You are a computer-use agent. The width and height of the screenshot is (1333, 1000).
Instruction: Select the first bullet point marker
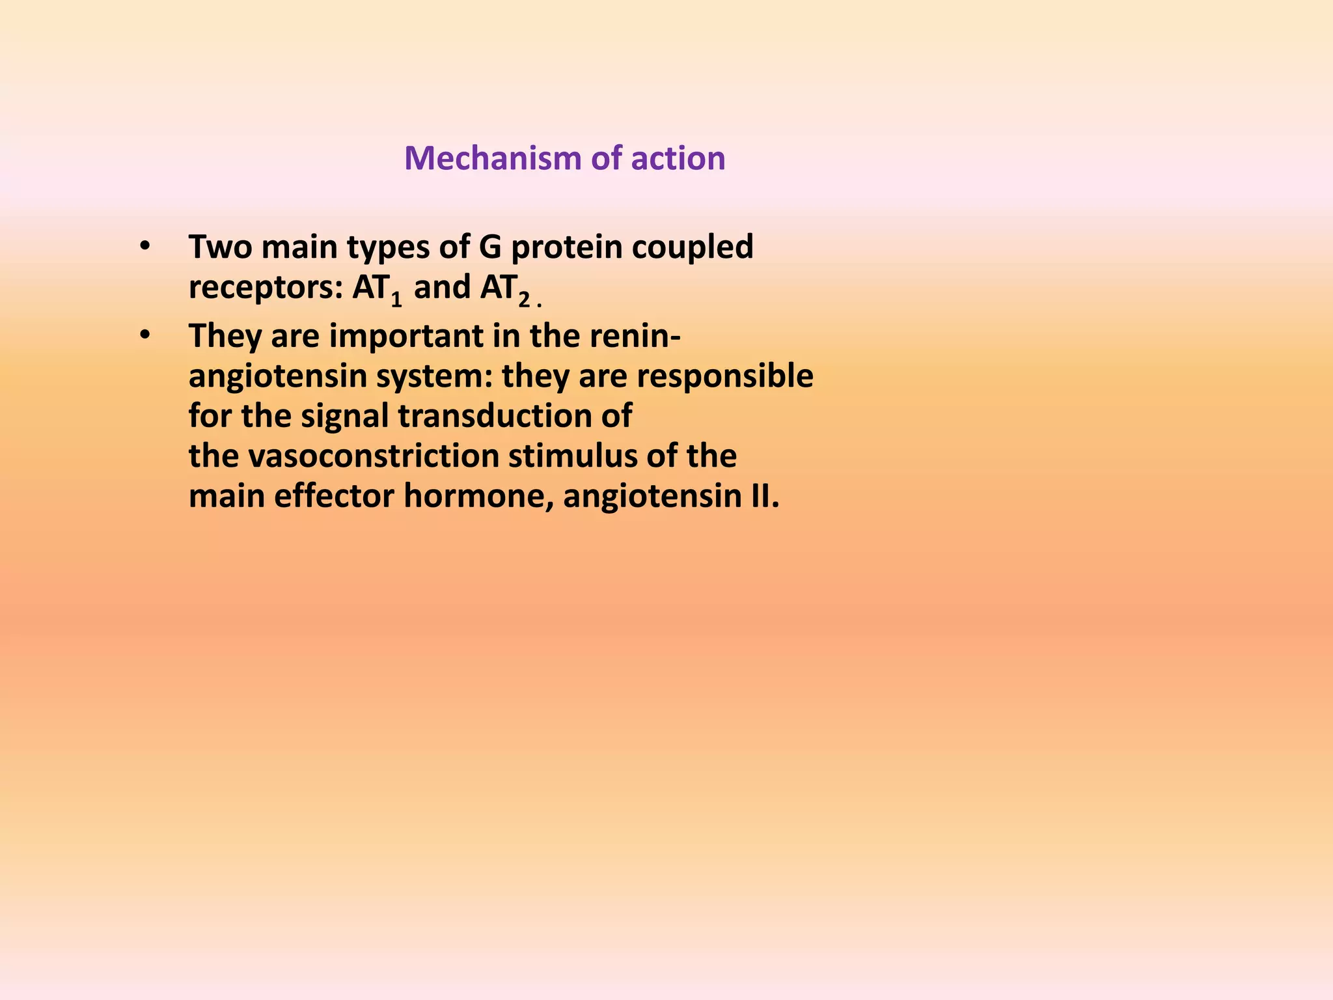[x=144, y=247]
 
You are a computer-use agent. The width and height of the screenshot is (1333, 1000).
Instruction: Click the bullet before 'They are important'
[x=144, y=336]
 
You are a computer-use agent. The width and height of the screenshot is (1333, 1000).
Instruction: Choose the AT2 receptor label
[x=505, y=289]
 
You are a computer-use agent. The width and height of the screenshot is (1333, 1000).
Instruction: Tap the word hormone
[x=479, y=497]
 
